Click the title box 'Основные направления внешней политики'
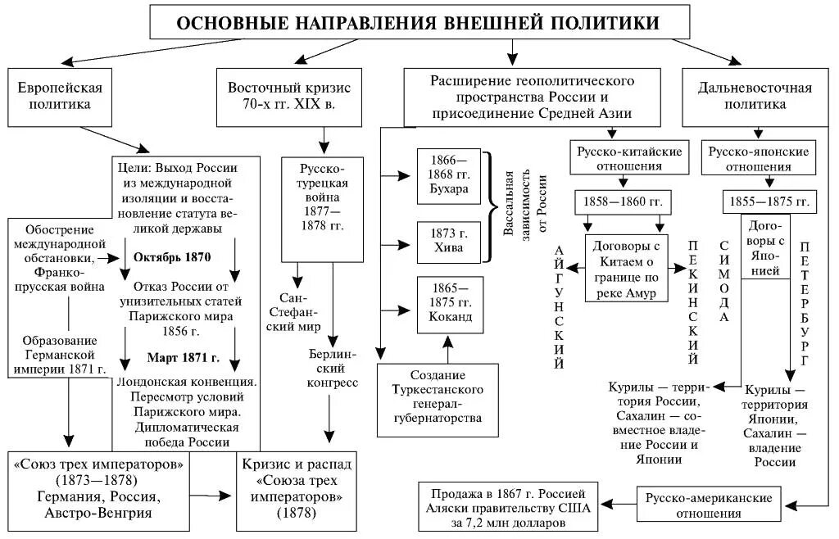click(418, 22)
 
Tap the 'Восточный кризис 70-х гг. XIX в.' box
click(289, 96)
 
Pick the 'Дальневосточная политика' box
click(755, 96)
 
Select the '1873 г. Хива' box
click(448, 240)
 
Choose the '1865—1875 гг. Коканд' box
click(448, 304)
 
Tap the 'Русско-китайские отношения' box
click(624, 159)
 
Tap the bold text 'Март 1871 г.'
click(183, 358)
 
